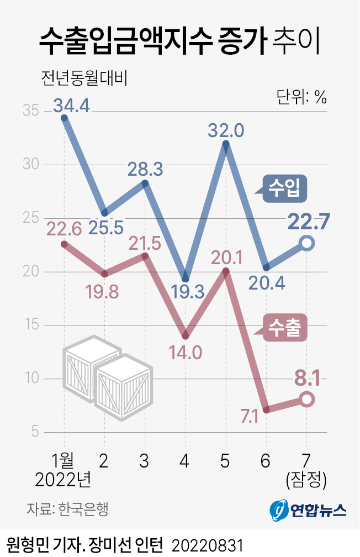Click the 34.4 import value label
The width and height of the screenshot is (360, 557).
(72, 104)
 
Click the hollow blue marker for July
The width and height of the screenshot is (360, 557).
(308, 243)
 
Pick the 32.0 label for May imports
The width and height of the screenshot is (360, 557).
(225, 131)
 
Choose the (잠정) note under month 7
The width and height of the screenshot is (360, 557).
(307, 480)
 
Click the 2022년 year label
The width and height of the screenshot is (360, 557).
(62, 480)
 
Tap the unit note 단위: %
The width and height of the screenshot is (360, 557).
(301, 97)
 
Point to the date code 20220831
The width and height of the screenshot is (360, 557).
(207, 543)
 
